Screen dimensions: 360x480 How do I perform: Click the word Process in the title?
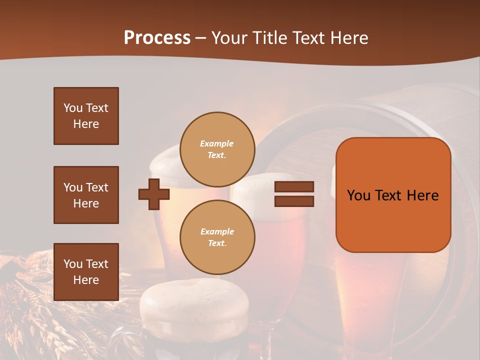[157, 38]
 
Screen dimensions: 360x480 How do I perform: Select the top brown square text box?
[86, 116]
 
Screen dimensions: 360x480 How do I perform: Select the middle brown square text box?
[86, 195]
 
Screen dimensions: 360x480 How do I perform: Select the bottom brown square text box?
[86, 271]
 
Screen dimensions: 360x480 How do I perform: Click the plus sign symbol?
[154, 194]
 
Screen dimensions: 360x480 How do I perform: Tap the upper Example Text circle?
[217, 149]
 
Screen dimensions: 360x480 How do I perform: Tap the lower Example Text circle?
[217, 237]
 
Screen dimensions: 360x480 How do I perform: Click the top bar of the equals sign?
[294, 187]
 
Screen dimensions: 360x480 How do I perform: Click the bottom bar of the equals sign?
[294, 201]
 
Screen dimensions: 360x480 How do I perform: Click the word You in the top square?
[73, 108]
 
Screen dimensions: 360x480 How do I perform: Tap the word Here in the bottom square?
[86, 280]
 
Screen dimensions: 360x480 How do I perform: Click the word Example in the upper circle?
[217, 143]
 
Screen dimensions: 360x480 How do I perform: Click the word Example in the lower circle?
[217, 231]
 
